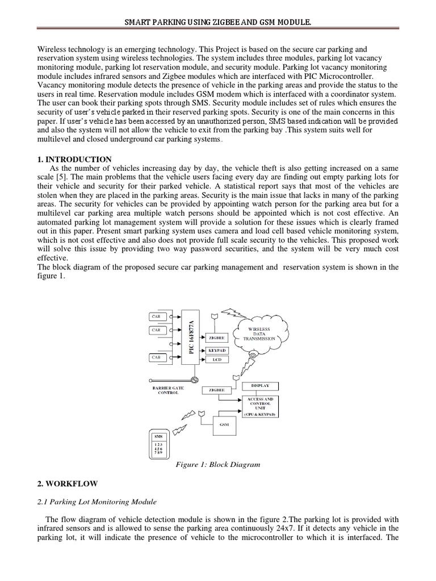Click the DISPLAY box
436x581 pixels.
[261, 386]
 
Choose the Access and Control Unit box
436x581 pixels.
[261, 406]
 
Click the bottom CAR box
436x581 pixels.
[156, 357]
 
